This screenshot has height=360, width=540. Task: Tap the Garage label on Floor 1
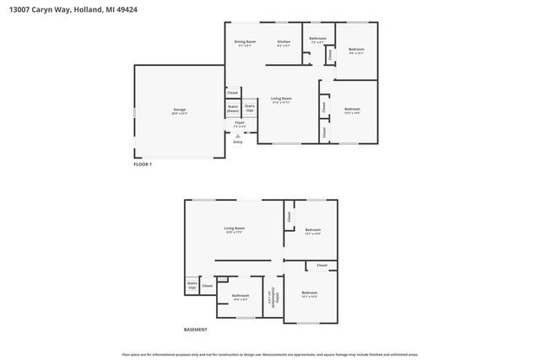(x=180, y=110)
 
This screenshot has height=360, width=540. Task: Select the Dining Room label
(x=245, y=43)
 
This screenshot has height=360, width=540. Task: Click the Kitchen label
(x=284, y=43)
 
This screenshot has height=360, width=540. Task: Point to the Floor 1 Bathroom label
(x=317, y=40)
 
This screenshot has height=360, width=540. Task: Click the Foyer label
(x=240, y=124)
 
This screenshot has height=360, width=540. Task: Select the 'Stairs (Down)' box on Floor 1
(x=232, y=109)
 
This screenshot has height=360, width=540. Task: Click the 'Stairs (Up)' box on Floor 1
(x=250, y=108)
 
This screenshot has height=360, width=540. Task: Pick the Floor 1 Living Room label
(x=281, y=100)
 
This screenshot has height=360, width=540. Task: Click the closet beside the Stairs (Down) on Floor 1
(x=233, y=93)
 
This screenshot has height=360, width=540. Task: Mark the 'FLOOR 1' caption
(x=143, y=164)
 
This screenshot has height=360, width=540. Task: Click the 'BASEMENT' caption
(x=195, y=329)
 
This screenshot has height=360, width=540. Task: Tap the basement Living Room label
(x=234, y=229)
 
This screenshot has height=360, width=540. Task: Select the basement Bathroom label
(x=240, y=297)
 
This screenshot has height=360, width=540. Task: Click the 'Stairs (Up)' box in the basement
(x=192, y=286)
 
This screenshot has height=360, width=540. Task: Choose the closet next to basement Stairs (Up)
(x=208, y=286)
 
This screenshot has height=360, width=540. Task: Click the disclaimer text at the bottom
(x=270, y=355)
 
